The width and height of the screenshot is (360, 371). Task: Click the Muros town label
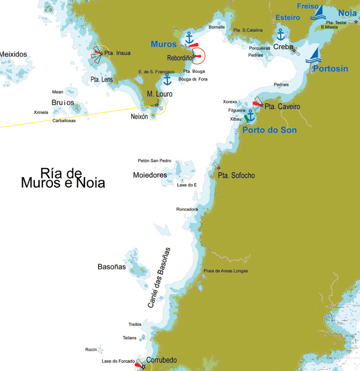pos(164,44)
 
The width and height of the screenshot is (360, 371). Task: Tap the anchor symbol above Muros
pos(188,37)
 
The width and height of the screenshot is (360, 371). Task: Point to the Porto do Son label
pos(269,130)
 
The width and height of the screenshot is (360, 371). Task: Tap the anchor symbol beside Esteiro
pos(281,34)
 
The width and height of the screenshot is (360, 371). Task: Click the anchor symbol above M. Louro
pos(167,80)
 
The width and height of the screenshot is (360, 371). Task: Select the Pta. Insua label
pos(118,53)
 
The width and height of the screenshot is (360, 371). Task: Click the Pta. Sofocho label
pos(237,175)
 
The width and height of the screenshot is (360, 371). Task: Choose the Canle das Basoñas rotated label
pos(159,278)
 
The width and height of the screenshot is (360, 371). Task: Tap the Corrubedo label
pos(161,360)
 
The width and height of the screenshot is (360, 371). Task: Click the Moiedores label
pos(150,175)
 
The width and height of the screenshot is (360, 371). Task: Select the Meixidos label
pos(13,54)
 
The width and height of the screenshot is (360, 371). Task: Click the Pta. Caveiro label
pos(282,107)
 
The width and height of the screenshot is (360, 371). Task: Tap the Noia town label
pos(347,13)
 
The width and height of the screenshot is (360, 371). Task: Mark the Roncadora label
pos(187,209)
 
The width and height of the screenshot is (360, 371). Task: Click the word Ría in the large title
pos(52,173)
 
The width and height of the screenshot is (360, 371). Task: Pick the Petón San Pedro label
pos(155,161)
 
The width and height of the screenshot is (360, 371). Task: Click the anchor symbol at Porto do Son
pos(251,115)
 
